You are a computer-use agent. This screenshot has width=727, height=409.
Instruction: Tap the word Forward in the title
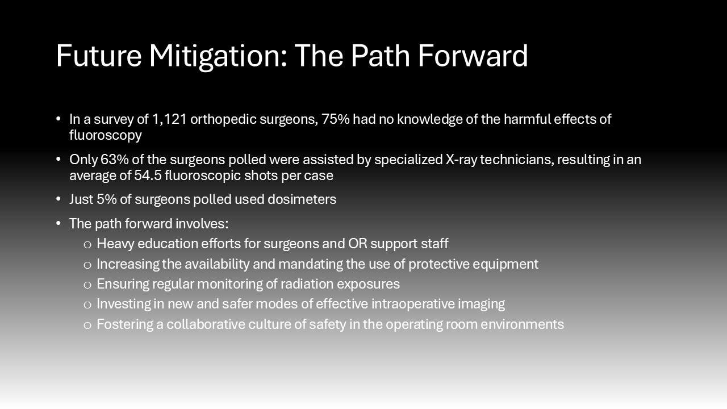point(473,56)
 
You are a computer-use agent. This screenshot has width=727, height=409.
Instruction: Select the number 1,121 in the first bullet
point(169,119)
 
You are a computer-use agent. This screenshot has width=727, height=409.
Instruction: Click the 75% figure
point(336,119)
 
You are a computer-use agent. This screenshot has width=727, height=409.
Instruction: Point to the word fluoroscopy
point(106,135)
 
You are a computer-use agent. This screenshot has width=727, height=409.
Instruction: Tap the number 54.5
point(148,176)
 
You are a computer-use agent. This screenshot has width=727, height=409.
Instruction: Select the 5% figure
point(106,199)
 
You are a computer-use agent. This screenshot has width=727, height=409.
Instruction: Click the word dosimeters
point(302,199)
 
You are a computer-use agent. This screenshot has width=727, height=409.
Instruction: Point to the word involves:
point(202,224)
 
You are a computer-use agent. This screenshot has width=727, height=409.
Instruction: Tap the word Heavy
point(115,244)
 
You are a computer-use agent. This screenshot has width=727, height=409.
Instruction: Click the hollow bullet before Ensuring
point(87,285)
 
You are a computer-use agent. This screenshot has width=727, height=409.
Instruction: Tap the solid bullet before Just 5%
point(59,199)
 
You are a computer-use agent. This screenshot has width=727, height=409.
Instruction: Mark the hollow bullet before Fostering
point(87,325)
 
